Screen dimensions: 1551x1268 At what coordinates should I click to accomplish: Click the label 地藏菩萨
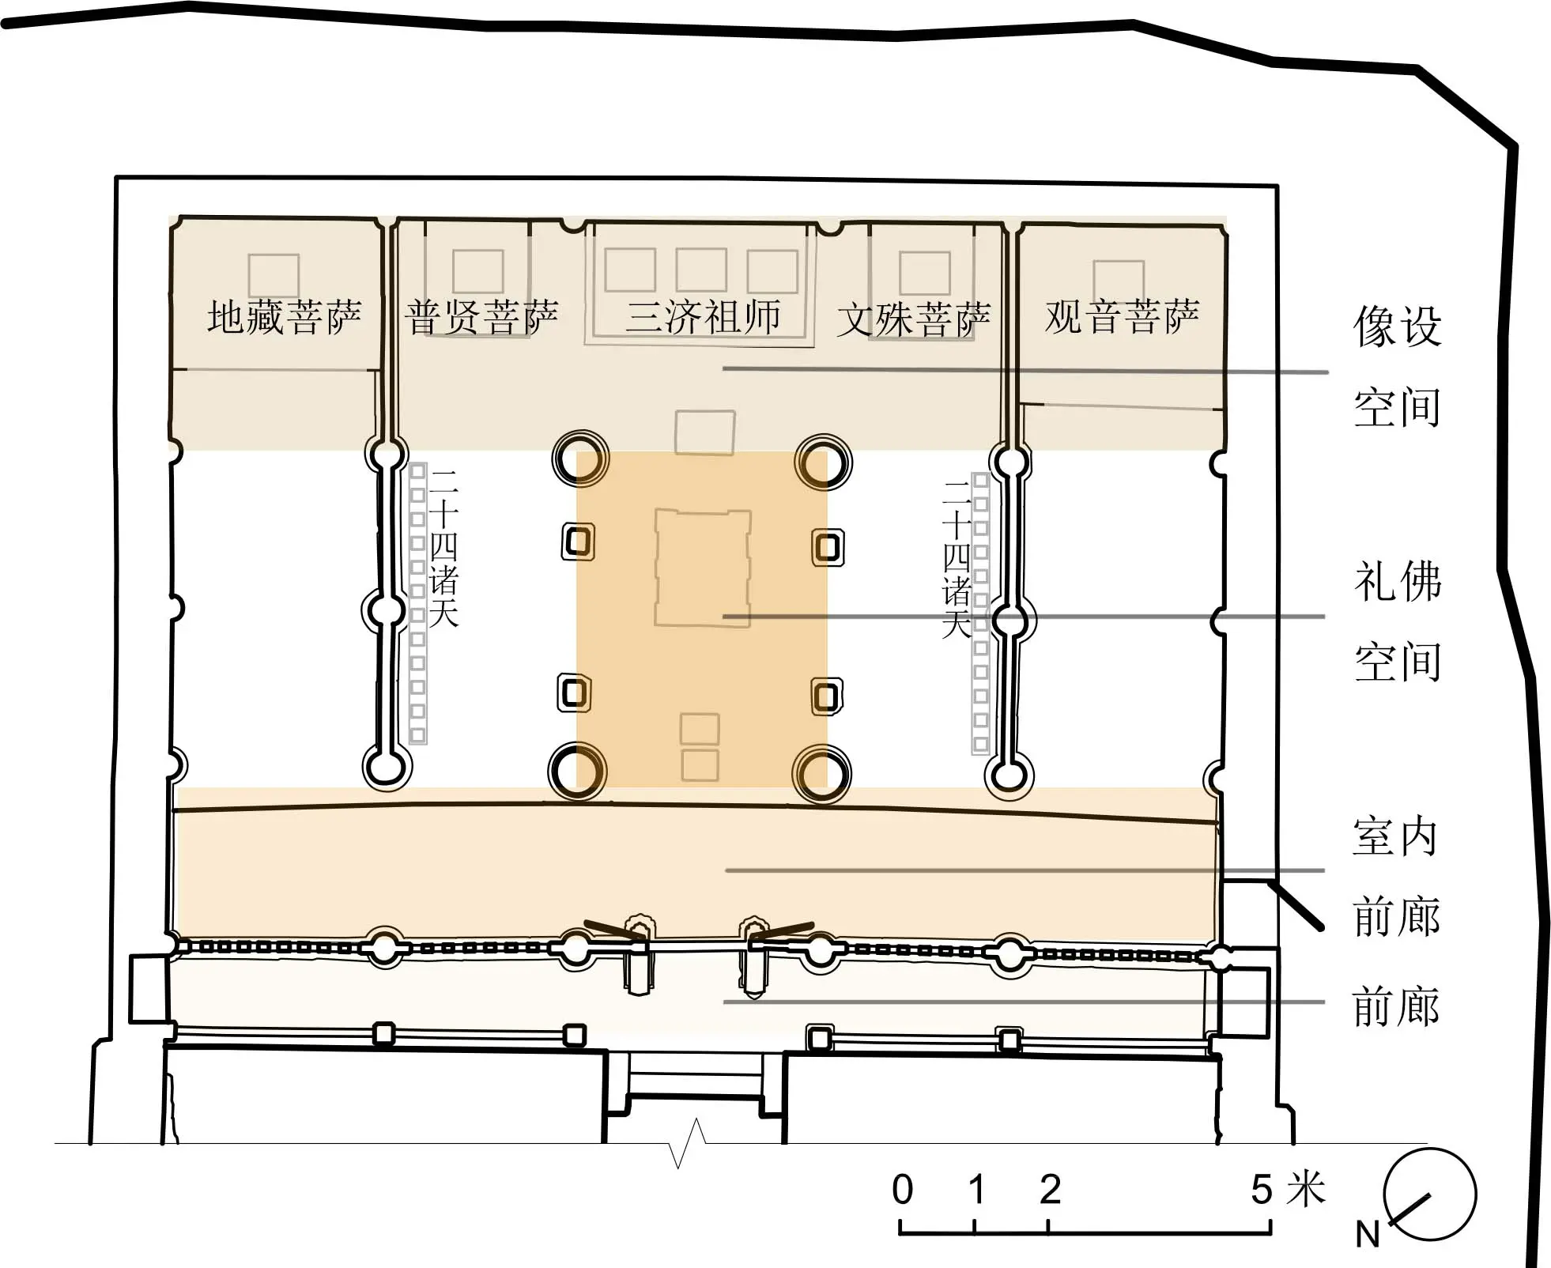pos(285,317)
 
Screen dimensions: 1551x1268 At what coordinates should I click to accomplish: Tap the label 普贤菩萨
pos(481,317)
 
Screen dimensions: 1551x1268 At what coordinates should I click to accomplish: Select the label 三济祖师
pos(703,316)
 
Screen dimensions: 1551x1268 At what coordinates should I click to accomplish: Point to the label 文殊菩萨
pos(913,319)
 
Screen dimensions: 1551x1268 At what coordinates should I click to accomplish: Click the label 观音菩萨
pos(1122,316)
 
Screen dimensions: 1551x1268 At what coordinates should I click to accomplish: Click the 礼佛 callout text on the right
pos(1398,581)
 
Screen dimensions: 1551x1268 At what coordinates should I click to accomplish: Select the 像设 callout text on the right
pos(1398,326)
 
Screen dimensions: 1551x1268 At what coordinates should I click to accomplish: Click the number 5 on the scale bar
pos(1262,1189)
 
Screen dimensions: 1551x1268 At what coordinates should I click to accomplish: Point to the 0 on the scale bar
pos(902,1189)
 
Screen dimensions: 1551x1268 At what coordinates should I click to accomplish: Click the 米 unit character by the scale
pos(1305,1189)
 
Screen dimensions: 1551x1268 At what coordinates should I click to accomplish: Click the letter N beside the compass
pos(1368,1234)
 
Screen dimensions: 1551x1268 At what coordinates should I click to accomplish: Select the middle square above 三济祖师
pos(701,270)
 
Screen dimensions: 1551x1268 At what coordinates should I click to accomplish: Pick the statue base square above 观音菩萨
pos(1119,281)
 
